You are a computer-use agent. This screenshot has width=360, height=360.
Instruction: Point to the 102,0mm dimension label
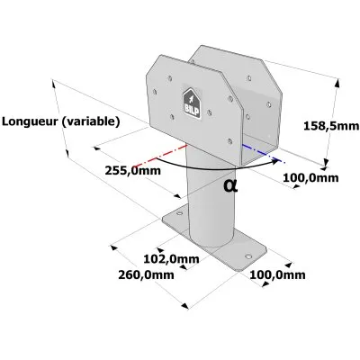point(172,259)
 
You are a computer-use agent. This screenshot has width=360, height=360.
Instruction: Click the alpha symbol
point(229,186)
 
